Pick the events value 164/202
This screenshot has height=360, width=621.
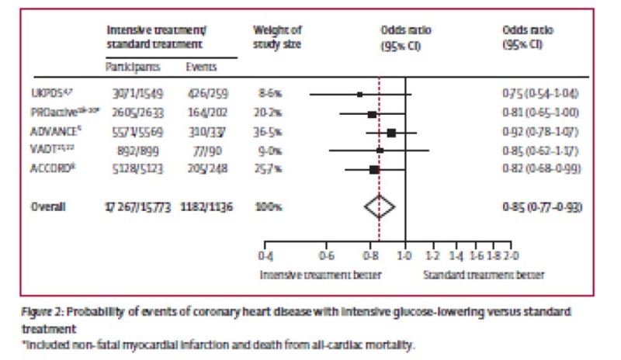(204, 113)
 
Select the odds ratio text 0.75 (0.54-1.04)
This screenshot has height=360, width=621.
(541, 94)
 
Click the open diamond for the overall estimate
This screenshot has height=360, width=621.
(380, 206)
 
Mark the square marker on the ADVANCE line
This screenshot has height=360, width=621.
(391, 133)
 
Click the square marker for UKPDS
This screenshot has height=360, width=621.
(359, 95)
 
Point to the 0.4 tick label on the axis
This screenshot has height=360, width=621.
(265, 255)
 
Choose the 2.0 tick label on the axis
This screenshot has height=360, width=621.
(511, 255)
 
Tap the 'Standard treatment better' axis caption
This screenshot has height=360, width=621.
(484, 274)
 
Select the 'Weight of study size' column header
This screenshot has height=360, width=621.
(277, 36)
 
